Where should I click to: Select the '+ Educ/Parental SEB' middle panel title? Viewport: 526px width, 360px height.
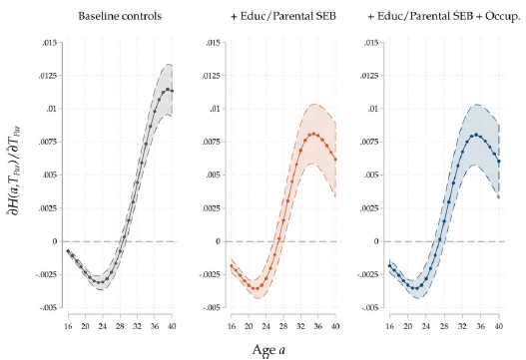click(x=280, y=17)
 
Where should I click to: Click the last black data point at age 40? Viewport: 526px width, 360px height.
click(x=174, y=91)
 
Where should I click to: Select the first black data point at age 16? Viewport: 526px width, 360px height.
click(x=68, y=251)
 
